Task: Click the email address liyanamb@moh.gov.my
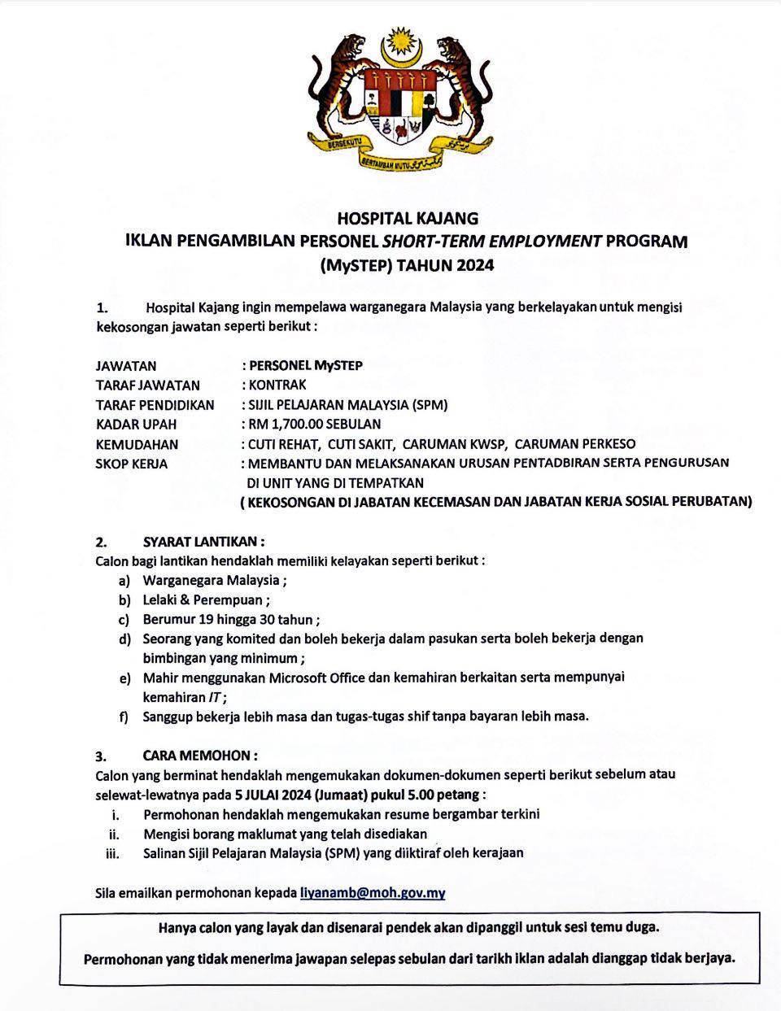[x=373, y=892]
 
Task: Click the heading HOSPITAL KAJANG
[x=408, y=218]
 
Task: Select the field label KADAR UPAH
[x=136, y=424]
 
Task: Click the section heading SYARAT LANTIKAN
[x=203, y=541]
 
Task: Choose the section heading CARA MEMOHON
[x=200, y=756]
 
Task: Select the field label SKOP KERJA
[x=132, y=464]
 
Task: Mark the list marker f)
[x=124, y=717]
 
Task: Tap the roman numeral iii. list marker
[x=112, y=853]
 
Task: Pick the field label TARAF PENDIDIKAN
[x=155, y=404]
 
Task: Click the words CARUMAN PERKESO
[x=575, y=444]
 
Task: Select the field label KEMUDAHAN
[x=137, y=444]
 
